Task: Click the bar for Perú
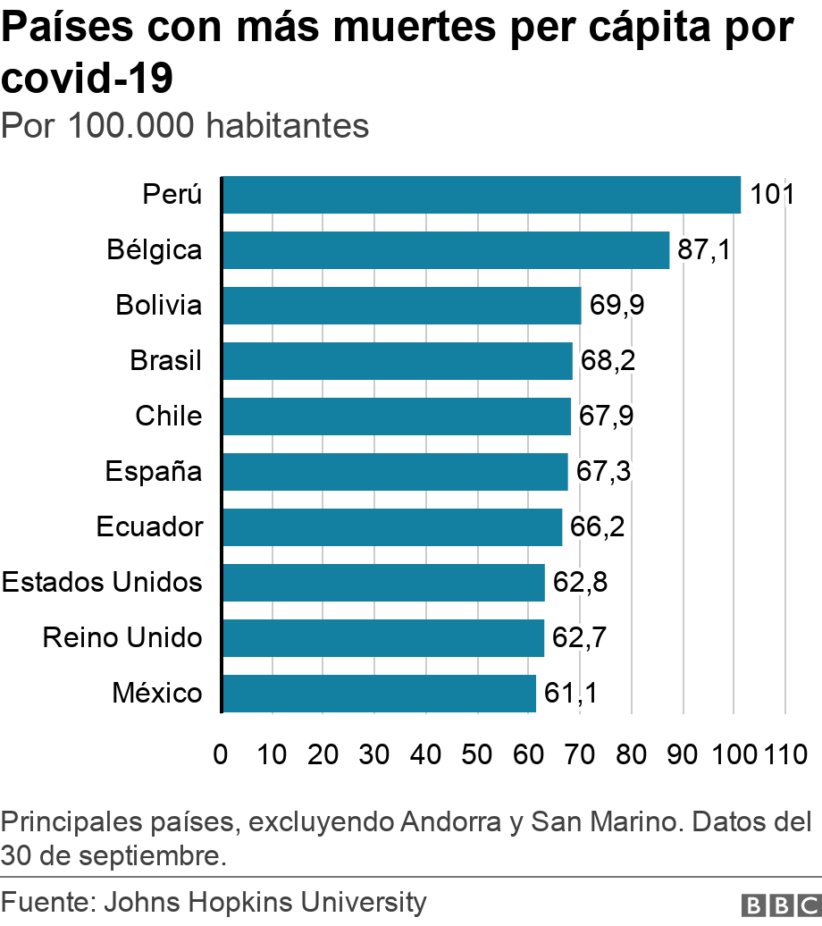click(482, 195)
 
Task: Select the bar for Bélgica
click(446, 250)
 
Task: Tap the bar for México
click(379, 694)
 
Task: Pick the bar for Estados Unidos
click(383, 583)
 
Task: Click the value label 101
click(772, 195)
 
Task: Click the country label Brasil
click(165, 361)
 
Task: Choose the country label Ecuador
click(149, 527)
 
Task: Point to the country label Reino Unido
click(122, 638)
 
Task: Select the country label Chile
click(168, 417)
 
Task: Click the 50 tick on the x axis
click(477, 753)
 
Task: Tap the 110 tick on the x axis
click(784, 753)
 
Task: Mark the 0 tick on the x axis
click(221, 753)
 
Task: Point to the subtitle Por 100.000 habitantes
click(185, 126)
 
